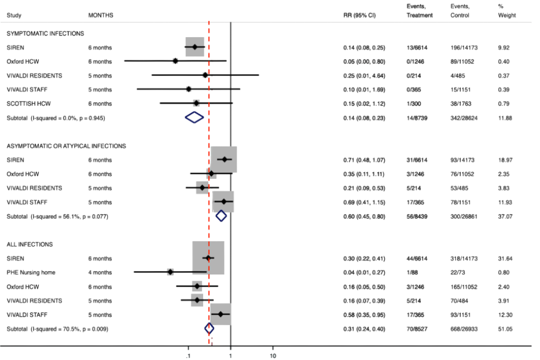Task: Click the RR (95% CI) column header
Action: pyautogui.click(x=359, y=15)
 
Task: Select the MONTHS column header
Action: pyautogui.click(x=101, y=15)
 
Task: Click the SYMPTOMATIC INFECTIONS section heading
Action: pyautogui.click(x=45, y=34)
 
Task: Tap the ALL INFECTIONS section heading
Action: pyautogui.click(x=30, y=245)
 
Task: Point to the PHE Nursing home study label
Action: pyautogui.click(x=31, y=272)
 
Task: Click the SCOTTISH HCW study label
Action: pyautogui.click(x=29, y=103)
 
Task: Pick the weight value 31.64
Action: pyautogui.click(x=506, y=259)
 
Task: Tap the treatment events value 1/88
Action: pyautogui.click(x=413, y=272)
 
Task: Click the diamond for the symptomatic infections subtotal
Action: pyautogui.click(x=194, y=117)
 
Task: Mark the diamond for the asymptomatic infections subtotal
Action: pyautogui.click(x=221, y=215)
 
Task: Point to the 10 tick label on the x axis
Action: pyautogui.click(x=273, y=355)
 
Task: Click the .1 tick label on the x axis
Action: pyautogui.click(x=187, y=355)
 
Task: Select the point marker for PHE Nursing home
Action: pyautogui.click(x=170, y=272)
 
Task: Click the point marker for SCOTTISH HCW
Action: pyautogui.click(x=196, y=103)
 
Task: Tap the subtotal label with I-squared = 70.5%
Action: pyautogui.click(x=57, y=328)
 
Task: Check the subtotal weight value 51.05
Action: pyautogui.click(x=506, y=328)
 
